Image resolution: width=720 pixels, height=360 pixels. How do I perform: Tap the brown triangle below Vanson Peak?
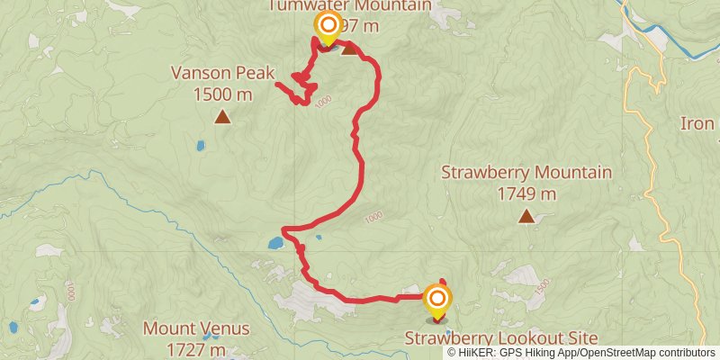[221, 116]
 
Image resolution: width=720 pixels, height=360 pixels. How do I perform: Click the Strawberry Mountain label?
[526, 173]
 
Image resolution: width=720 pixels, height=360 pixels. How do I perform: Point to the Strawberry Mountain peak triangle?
[526, 216]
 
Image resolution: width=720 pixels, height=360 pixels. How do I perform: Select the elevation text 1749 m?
[526, 193]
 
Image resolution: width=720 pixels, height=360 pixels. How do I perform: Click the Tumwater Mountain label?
[349, 6]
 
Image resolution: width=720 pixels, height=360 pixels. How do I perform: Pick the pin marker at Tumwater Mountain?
[327, 27]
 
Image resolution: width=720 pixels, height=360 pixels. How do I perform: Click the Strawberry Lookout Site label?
[501, 338]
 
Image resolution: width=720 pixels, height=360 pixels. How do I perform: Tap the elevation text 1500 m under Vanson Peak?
[221, 94]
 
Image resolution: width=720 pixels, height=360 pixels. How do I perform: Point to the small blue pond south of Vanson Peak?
[200, 144]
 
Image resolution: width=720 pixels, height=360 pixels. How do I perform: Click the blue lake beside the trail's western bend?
[275, 242]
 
